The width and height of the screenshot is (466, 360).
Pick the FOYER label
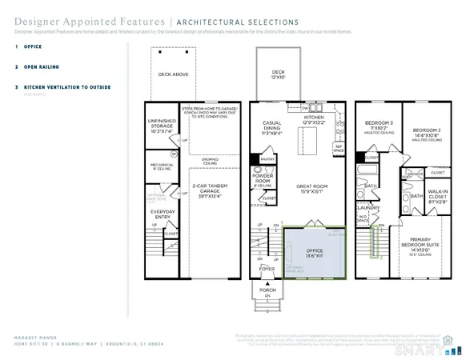click(265, 270)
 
